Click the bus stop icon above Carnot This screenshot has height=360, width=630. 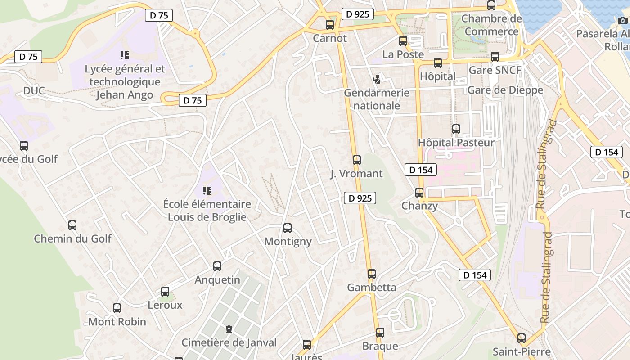pos(330,24)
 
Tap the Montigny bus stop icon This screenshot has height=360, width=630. pos(288,228)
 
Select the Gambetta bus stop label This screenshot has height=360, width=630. pos(372,287)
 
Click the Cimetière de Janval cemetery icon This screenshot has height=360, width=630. pos(229,329)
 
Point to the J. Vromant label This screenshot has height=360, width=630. pos(356,174)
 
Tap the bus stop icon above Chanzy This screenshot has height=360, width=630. pos(419,193)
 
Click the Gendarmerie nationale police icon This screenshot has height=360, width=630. pos(377,80)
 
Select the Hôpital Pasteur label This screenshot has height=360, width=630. pos(456,143)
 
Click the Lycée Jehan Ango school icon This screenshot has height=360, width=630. pos(125,56)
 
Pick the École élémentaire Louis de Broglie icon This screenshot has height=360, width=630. pos(207,191)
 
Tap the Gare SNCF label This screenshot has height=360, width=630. pos(495,70)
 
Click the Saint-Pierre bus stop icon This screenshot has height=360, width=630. pos(522,338)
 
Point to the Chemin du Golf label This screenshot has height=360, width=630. pos(72,238)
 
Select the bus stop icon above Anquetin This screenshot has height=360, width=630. pos(217,266)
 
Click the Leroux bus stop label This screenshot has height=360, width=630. pos(165,305)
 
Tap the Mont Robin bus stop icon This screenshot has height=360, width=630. pos(117,308)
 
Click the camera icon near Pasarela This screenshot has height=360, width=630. pos(623,20)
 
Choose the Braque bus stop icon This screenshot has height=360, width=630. pos(380,333)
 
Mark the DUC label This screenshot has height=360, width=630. pos(34,91)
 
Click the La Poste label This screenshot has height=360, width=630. pos(403,54)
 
